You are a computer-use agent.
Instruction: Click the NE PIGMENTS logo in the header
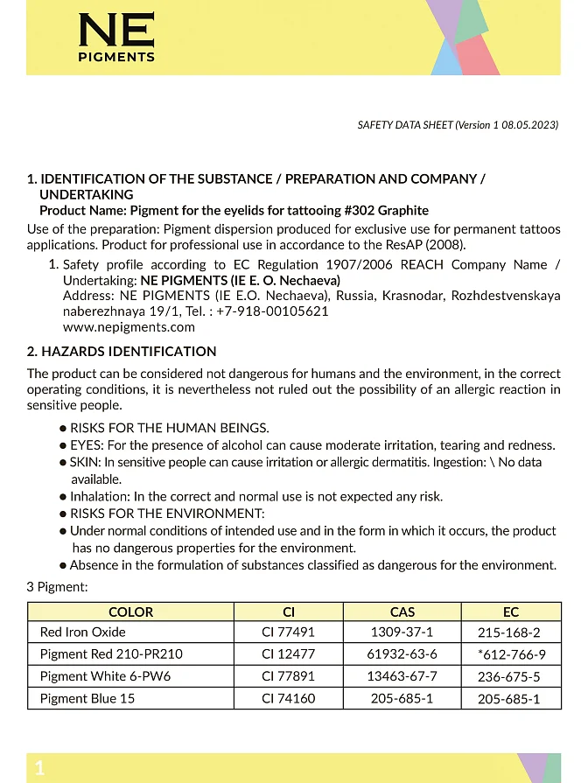116,37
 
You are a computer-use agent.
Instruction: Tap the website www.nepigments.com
129,327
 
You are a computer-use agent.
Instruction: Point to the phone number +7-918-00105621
273,311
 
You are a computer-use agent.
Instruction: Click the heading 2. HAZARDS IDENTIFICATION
122,352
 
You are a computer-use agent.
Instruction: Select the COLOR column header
130,612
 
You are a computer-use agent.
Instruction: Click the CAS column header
402,612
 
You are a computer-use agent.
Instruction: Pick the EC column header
510,612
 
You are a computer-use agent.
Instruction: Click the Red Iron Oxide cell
83,633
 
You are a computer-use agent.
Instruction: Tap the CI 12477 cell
288,654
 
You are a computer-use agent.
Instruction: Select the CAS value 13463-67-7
402,676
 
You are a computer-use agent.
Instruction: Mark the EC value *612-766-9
511,654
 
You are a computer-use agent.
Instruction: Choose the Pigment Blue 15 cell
87,699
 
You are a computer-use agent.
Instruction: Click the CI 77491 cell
288,633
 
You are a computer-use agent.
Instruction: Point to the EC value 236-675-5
508,677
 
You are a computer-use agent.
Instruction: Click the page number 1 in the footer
39,769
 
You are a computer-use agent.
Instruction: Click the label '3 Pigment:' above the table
57,587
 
